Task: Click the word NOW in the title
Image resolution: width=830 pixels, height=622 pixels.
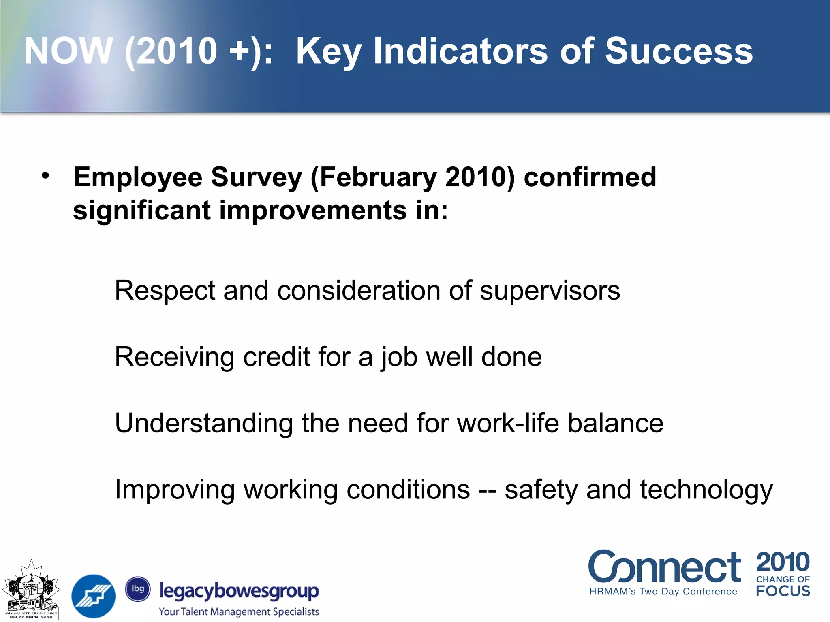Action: pyautogui.click(x=68, y=51)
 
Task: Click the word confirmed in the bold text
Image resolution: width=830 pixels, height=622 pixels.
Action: pyautogui.click(x=590, y=177)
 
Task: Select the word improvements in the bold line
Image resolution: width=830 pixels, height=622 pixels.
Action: pyautogui.click(x=312, y=211)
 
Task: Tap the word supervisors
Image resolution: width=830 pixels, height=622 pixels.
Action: pyautogui.click(x=550, y=291)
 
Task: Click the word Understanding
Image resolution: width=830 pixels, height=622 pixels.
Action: pyautogui.click(x=203, y=424)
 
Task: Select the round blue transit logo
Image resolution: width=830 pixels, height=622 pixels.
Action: pyautogui.click(x=93, y=596)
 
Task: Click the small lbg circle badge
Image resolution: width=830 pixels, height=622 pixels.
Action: pyautogui.click(x=138, y=589)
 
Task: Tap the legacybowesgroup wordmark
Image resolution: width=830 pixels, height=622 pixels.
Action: pyautogui.click(x=239, y=591)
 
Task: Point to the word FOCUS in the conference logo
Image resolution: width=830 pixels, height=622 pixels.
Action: pyautogui.click(x=783, y=591)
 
